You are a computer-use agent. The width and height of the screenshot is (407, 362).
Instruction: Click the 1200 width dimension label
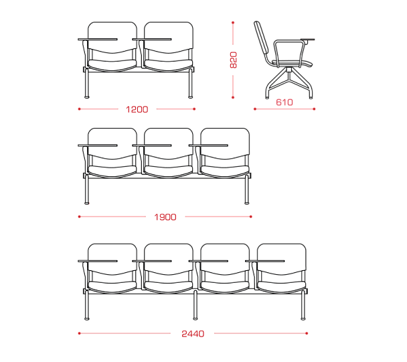coord(137,109)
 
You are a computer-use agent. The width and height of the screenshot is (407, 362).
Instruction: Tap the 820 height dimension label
coord(234,60)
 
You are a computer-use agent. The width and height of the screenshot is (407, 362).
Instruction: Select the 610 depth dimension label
coord(284,102)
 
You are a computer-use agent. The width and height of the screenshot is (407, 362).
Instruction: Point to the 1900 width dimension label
coord(165,217)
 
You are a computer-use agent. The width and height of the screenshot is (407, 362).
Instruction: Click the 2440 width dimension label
coord(193,334)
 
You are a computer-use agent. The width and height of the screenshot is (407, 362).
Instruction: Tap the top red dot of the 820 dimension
coord(233,23)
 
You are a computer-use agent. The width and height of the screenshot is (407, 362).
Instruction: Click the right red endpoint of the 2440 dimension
coord(307,333)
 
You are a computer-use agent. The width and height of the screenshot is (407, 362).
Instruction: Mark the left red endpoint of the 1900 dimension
coord(79,217)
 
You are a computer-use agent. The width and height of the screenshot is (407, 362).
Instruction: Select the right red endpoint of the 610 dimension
coord(314,109)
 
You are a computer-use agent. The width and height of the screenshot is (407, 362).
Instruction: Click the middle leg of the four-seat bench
coord(195,305)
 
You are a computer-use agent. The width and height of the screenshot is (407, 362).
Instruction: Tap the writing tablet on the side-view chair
coord(307,40)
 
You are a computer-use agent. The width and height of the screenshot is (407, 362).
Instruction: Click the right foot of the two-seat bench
coord(191,97)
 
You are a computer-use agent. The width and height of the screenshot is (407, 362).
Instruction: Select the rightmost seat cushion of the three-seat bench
coord(225,172)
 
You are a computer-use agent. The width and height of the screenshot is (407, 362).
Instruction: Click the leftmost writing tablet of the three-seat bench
coord(98,145)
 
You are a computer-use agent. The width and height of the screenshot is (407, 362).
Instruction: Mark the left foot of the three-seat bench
coord(87,203)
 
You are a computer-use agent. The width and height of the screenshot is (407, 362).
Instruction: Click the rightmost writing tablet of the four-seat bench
coord(265,261)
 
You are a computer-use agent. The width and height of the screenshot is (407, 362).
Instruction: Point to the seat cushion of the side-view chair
coord(293,63)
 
